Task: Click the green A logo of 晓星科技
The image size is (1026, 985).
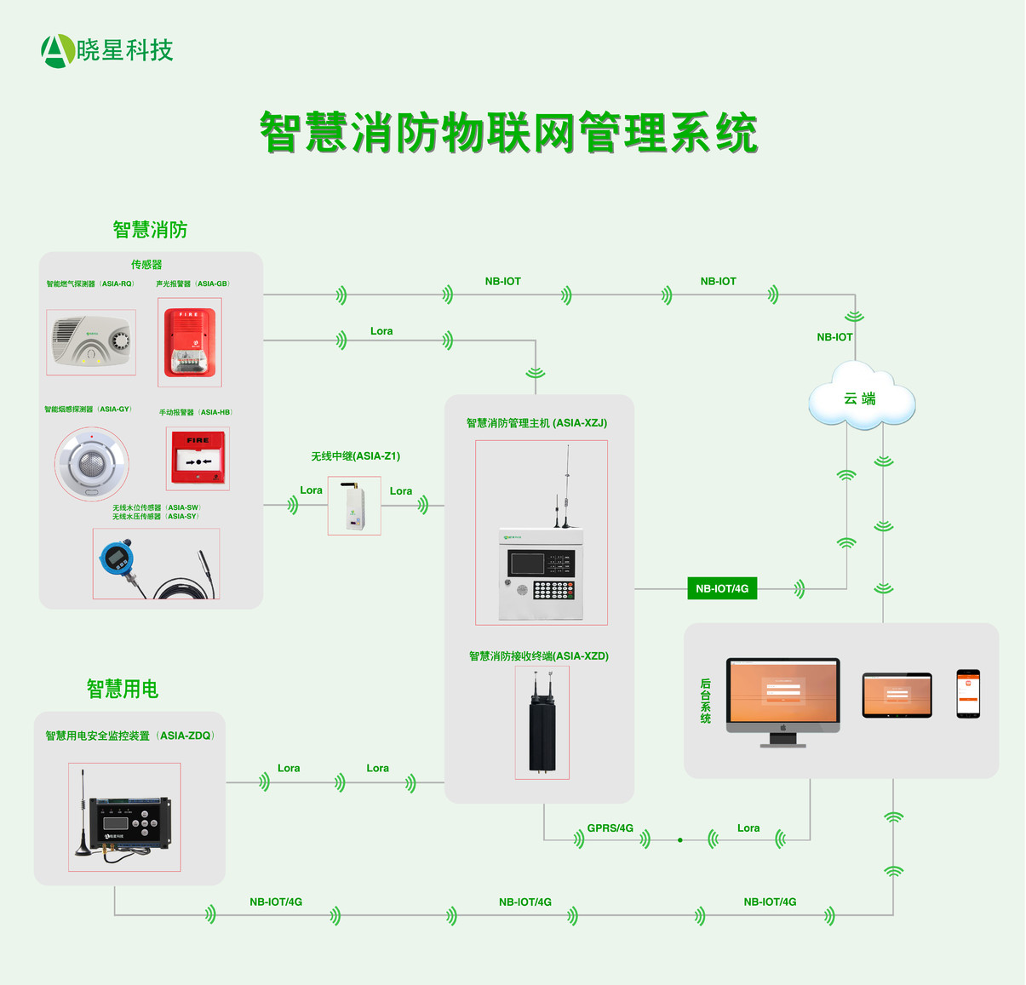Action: [x=57, y=51]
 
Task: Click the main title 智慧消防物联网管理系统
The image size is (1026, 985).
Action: [x=508, y=133]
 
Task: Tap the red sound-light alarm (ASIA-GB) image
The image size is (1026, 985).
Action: [x=189, y=342]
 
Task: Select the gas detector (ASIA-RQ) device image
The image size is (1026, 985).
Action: [x=91, y=342]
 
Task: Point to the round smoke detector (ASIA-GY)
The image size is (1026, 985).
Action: [x=92, y=463]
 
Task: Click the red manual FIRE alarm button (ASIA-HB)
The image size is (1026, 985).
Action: [x=198, y=458]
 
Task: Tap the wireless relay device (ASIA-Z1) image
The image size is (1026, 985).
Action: [x=354, y=506]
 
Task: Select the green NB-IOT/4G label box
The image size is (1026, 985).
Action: [x=721, y=588]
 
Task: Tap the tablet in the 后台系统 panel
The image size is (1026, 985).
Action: [x=897, y=695]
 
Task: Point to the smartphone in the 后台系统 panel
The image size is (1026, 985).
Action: [x=968, y=694]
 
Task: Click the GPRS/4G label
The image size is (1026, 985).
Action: [x=610, y=828]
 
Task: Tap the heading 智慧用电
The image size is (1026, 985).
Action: [x=123, y=689]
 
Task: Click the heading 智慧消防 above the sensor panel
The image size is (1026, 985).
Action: [x=150, y=230]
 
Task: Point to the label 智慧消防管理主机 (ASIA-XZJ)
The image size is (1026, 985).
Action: [x=536, y=423]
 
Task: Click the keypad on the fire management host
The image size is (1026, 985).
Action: [x=553, y=589]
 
